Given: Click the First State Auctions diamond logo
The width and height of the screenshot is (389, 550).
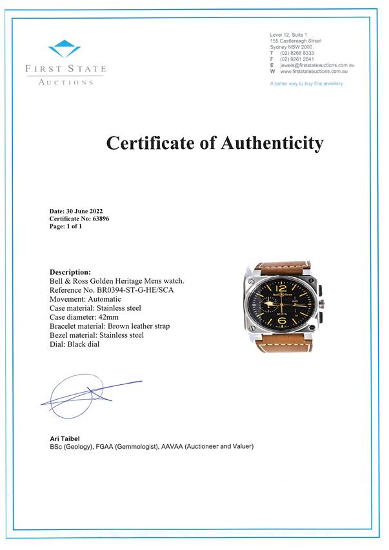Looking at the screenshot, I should coord(65,48).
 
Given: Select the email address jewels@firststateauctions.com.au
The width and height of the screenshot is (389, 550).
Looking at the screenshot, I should coord(317,66).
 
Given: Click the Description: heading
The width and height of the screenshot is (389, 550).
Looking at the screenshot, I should coord(70,272).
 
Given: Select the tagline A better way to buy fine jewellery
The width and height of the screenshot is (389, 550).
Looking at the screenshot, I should coord(306,84).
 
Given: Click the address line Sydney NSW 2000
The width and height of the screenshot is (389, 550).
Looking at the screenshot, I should coord(291,47).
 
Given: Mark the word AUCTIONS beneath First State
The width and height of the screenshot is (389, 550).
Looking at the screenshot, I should coord(66,82).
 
